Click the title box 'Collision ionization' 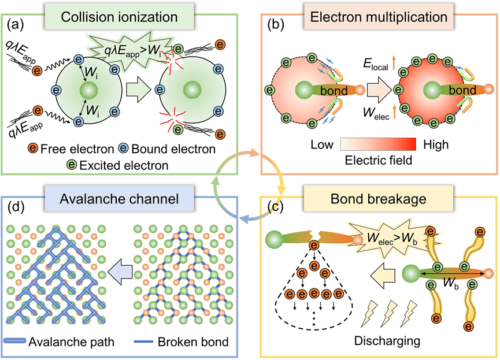click(119, 17)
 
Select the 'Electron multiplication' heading click(379, 17)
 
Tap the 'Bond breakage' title click(379, 199)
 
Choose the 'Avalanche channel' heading click(119, 199)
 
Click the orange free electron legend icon click(33, 149)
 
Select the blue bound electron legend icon click(123, 149)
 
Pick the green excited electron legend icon click(72, 165)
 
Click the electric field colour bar click(378, 144)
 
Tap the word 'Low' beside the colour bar click(322, 145)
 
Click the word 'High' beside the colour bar click(436, 145)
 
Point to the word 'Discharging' click(387, 341)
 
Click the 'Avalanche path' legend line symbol click(15, 341)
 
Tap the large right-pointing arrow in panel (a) click(138, 90)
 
